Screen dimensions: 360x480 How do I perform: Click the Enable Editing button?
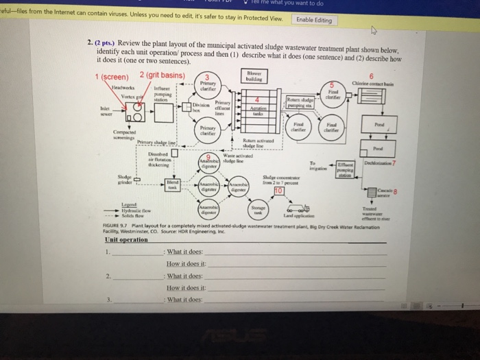[313, 20]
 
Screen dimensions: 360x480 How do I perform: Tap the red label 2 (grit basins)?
[162, 75]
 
